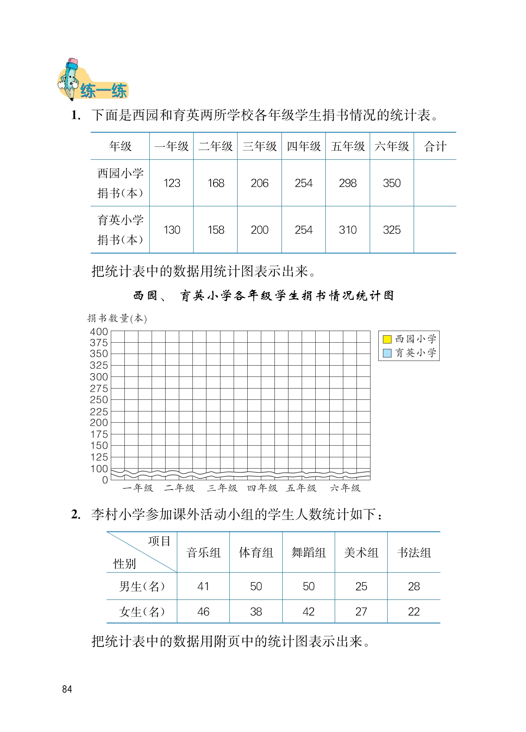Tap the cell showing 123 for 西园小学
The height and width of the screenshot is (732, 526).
point(172,183)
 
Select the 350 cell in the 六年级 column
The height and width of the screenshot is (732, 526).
point(391,183)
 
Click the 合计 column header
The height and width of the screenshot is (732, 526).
point(435,146)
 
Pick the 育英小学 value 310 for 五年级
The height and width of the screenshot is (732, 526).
point(348,230)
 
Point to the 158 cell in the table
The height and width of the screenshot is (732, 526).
point(216,230)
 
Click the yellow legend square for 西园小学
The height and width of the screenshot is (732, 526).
point(387,339)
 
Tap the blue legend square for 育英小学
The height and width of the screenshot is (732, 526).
point(387,353)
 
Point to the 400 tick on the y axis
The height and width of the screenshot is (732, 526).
point(99,332)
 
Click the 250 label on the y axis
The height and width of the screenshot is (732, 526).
point(99,400)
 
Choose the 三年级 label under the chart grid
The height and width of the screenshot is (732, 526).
point(222,488)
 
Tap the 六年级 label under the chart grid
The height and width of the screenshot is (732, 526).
point(345,488)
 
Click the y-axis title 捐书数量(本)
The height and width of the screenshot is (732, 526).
point(117,319)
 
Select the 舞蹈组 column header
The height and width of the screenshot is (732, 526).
point(308,552)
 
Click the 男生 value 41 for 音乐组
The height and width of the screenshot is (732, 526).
point(203,586)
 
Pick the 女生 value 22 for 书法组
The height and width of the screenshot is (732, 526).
point(414,612)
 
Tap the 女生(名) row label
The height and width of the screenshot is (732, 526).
point(142,612)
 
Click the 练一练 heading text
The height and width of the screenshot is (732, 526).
point(103,91)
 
